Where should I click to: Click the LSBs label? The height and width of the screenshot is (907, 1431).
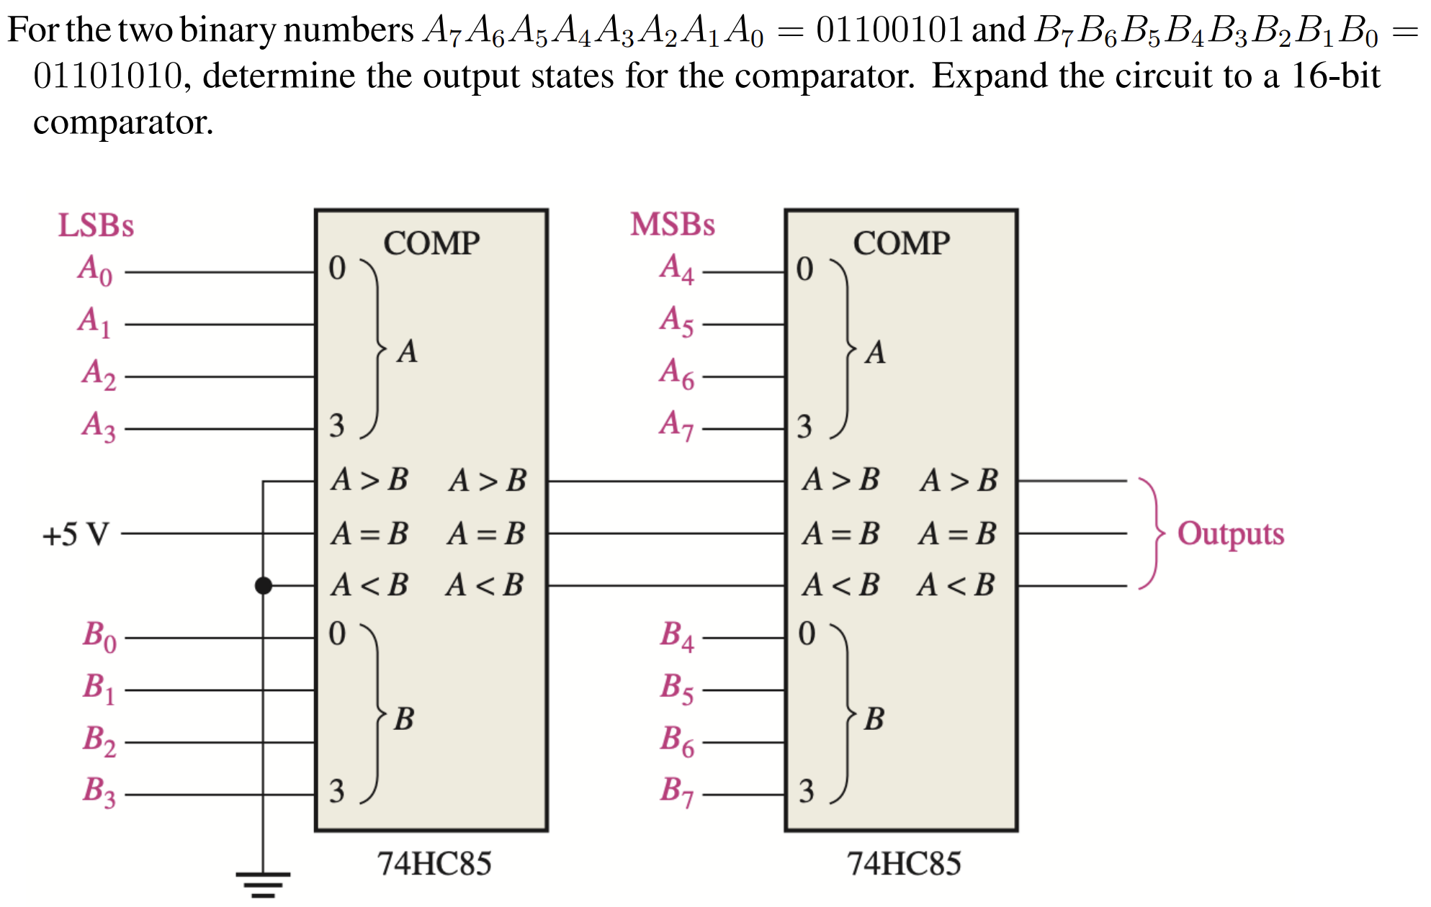click(96, 225)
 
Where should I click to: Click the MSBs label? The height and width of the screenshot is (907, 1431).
click(672, 225)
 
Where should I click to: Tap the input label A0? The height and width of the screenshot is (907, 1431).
click(95, 271)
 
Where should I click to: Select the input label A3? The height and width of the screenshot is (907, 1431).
click(98, 426)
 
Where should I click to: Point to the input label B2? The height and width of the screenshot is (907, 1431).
click(99, 741)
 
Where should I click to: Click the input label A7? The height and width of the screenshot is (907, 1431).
click(676, 425)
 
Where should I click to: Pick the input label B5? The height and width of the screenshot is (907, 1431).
click(677, 689)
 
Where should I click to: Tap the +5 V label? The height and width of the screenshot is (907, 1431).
click(76, 535)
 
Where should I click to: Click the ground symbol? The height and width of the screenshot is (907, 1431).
click(263, 884)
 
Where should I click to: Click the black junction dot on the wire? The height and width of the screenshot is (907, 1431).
click(264, 586)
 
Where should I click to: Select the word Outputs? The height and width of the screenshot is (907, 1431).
click(1230, 534)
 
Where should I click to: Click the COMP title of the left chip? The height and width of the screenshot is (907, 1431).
click(431, 243)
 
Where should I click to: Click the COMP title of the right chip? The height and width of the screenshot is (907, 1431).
click(901, 243)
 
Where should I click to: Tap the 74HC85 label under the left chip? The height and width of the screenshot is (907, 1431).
click(434, 864)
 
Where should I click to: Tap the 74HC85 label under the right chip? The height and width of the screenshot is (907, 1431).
click(904, 864)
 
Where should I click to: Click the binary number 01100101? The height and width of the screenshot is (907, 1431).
click(889, 30)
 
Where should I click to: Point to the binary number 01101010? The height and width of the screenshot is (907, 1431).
click(108, 76)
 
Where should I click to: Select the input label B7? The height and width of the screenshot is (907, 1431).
click(677, 791)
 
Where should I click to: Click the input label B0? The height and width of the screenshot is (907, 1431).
click(99, 636)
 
